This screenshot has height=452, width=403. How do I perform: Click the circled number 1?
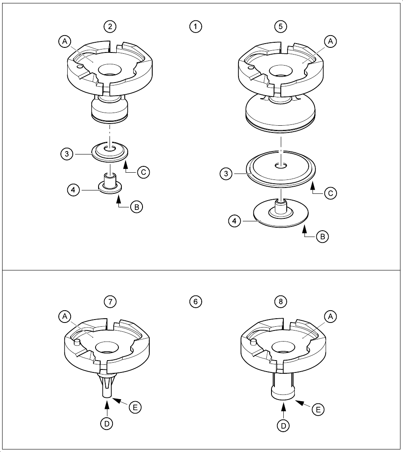tap(195, 27)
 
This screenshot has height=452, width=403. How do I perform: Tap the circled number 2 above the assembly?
tap(110, 27)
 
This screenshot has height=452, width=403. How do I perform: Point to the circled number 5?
tap(280, 27)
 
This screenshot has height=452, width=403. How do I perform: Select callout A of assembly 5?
tap(330, 41)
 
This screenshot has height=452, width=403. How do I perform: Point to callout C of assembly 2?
tap(143, 173)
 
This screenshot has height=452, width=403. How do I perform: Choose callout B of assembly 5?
tap(322, 237)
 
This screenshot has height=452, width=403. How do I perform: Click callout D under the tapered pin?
tap(107, 422)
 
